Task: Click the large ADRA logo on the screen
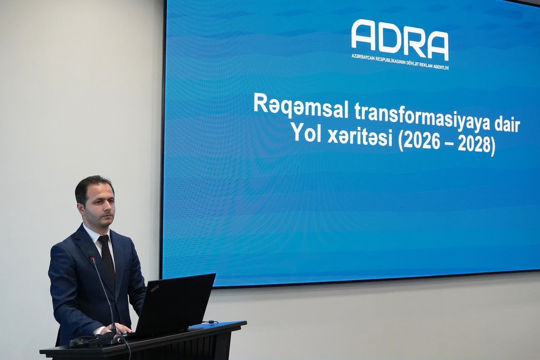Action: (x=400, y=40)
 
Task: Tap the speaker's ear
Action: (x=80, y=210)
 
